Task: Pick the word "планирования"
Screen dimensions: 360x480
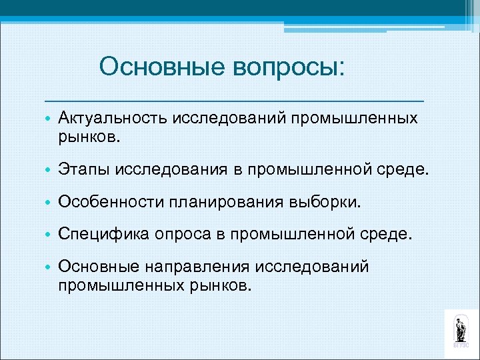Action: [227, 202]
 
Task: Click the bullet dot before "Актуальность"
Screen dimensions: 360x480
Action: [49, 119]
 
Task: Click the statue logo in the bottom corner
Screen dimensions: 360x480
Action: [460, 329]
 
